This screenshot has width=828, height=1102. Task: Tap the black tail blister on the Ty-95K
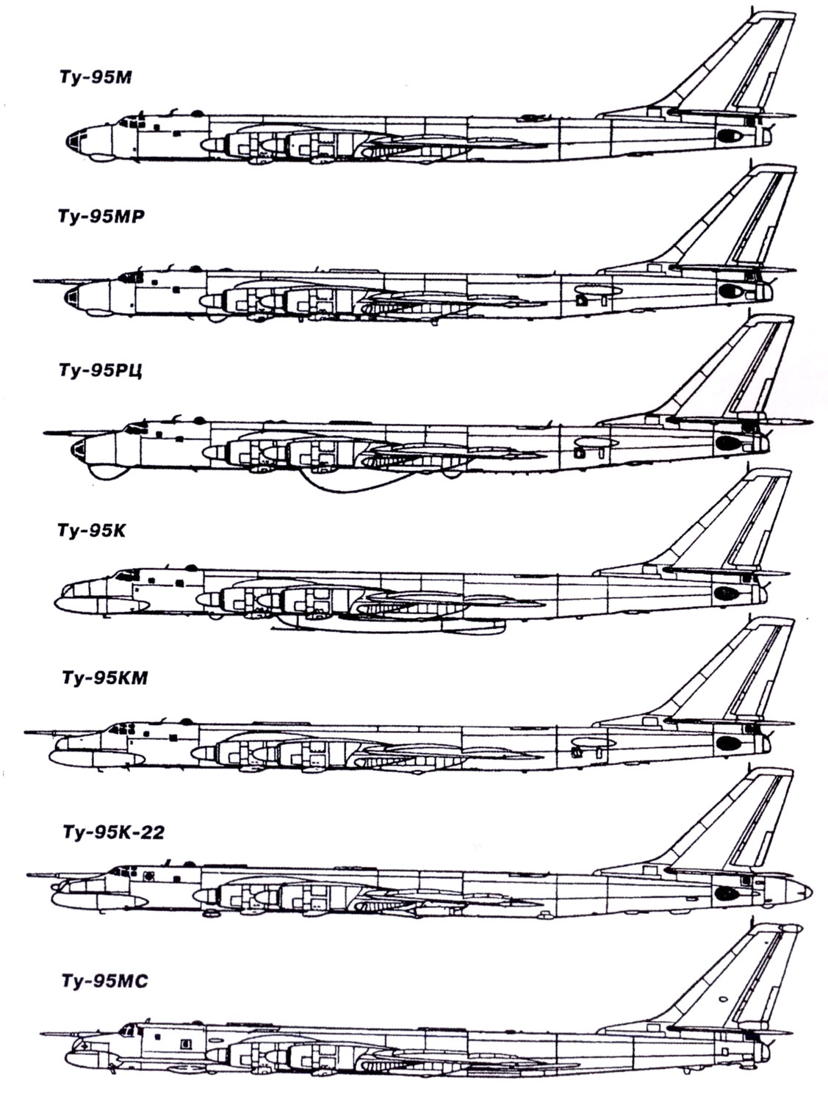coord(725,591)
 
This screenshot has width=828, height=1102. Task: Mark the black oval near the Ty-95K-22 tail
coord(726,893)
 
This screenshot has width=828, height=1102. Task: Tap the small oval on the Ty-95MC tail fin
coord(723,1000)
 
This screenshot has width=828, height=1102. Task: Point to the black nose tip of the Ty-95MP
coord(71,296)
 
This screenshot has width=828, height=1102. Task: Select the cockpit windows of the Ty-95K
coord(126,572)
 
